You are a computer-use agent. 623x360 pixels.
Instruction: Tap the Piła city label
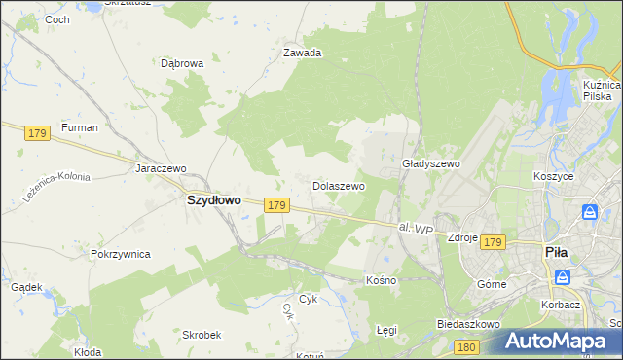[556, 252]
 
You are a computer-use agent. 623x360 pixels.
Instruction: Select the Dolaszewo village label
[338, 185]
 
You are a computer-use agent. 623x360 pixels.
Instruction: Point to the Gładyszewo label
[430, 164]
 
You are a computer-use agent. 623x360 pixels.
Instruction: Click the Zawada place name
[302, 54]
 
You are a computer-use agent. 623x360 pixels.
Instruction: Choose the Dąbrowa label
[182, 63]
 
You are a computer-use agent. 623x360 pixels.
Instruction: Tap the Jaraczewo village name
[161, 168]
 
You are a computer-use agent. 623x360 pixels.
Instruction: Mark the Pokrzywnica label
[120, 254]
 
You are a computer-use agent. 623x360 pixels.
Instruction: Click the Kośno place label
[382, 279]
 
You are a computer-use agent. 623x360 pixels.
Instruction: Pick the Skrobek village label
[202, 334]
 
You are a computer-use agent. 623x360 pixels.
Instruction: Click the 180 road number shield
[467, 346]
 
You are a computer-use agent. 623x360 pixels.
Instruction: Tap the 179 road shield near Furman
[38, 132]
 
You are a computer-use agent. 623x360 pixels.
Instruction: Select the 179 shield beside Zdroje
[493, 241]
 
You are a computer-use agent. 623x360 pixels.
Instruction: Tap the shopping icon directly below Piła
[563, 277]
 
